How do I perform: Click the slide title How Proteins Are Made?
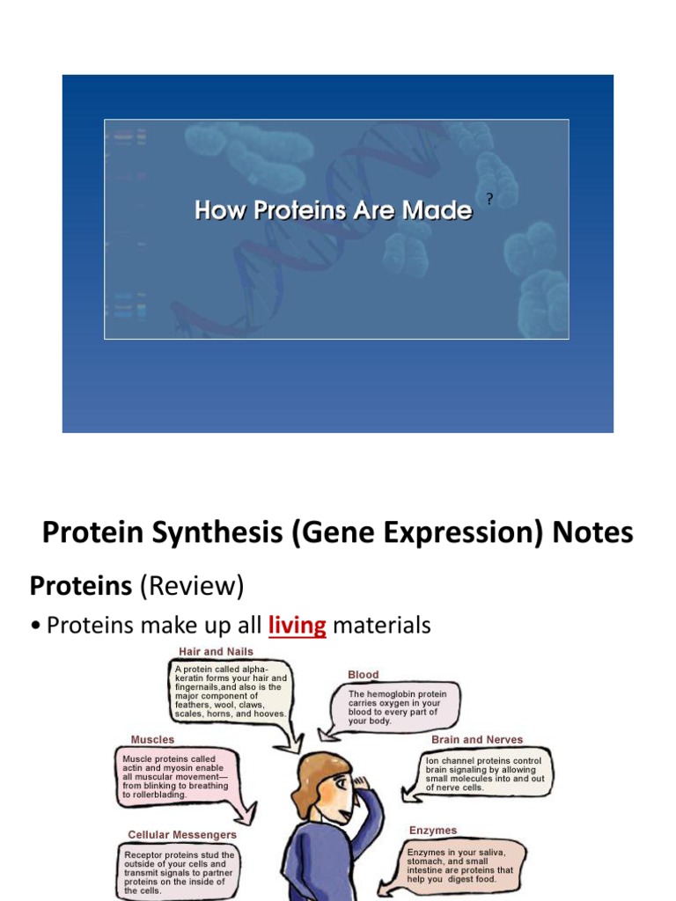point(333,209)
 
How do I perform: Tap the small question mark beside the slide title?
point(489,199)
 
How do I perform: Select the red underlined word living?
point(298,626)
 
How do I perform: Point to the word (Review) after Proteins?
point(192,586)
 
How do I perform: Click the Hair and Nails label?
point(216,652)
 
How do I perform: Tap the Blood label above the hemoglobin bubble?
point(364,675)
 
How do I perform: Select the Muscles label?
point(152,739)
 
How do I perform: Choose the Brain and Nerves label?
point(477,739)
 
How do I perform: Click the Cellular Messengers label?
point(182,835)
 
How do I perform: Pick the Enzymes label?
point(433,831)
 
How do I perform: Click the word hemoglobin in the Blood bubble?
point(392,694)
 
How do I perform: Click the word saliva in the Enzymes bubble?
point(491,853)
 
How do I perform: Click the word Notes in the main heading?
point(592,531)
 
